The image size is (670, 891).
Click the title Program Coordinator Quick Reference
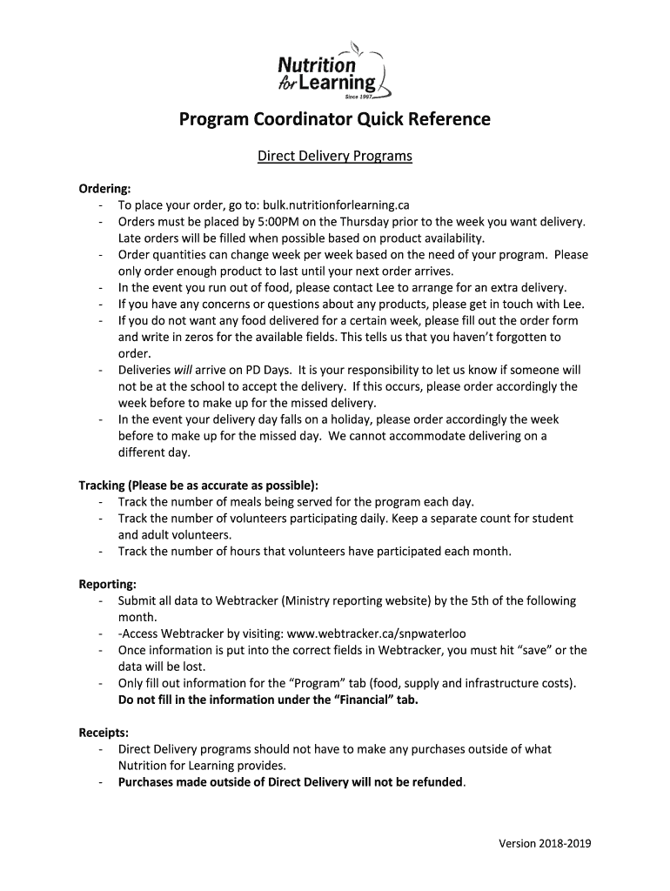pos(335,118)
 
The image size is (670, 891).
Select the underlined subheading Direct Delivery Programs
pos(335,157)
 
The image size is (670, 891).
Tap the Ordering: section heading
pos(106,189)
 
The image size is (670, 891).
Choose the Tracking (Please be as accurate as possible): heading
pos(198,485)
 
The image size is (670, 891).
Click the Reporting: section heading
pos(108,584)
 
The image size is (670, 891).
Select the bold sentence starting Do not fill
pos(268,700)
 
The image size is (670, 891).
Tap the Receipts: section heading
pos(104,733)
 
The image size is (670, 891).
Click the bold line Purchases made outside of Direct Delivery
pos(291,781)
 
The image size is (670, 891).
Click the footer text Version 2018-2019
pos(545,843)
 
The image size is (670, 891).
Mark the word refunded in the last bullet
pos(433,781)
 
